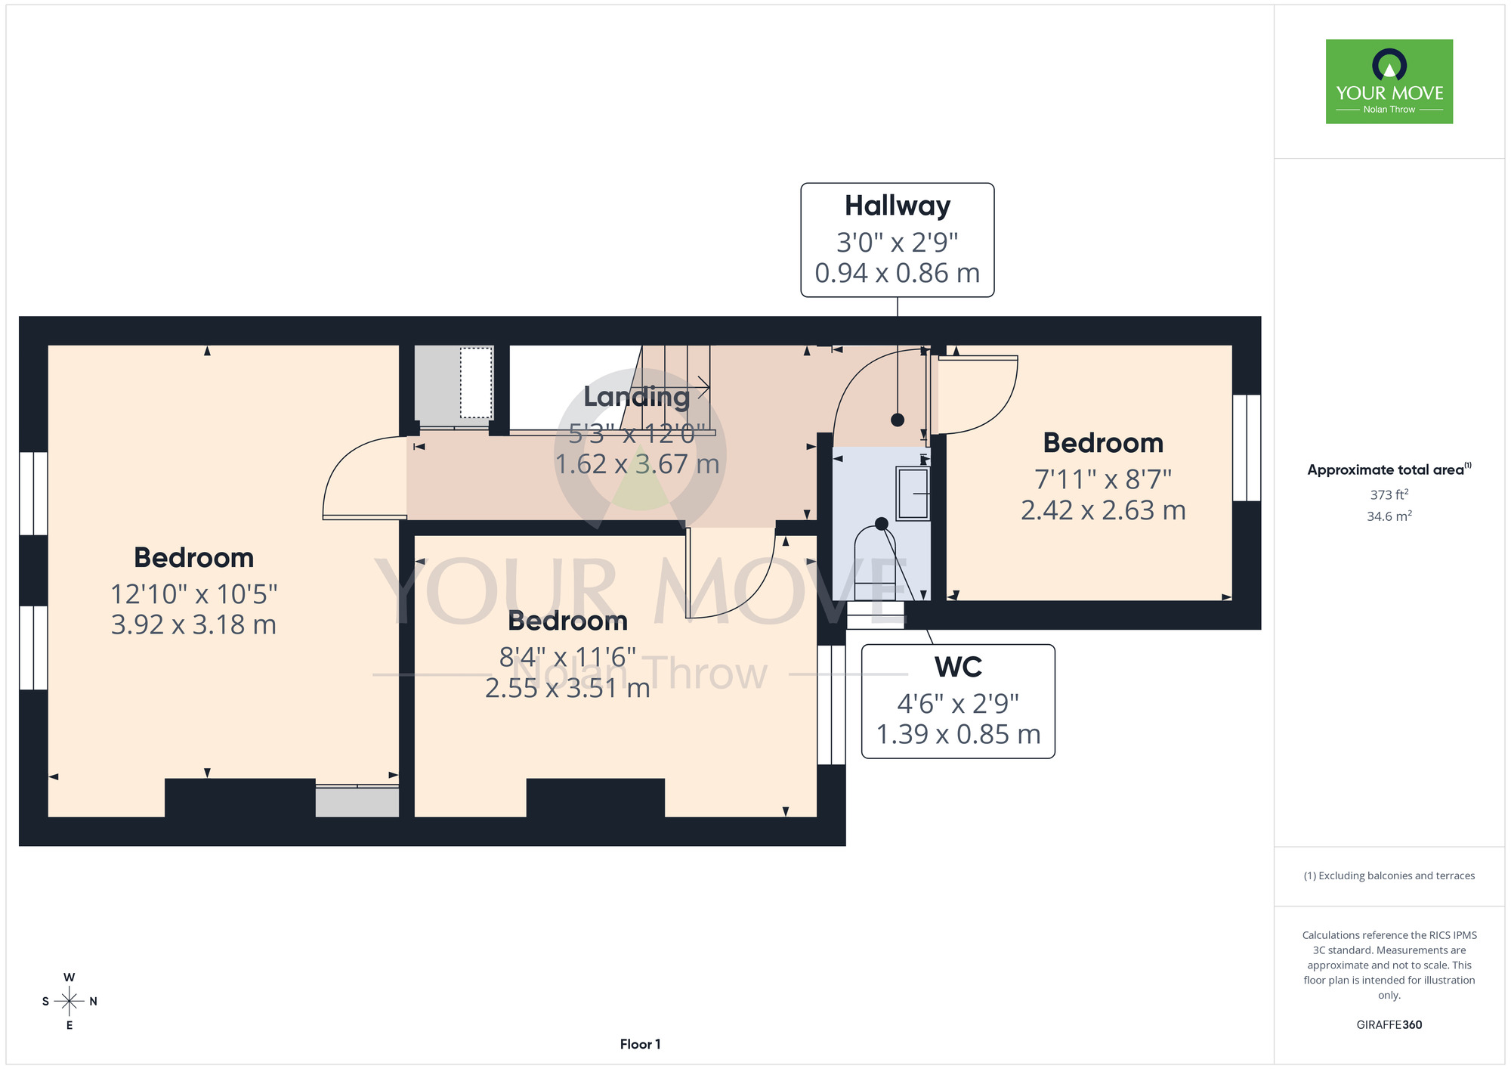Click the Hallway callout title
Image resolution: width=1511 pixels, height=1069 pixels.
pyautogui.click(x=898, y=206)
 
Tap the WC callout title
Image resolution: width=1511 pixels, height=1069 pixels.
pyautogui.click(x=958, y=667)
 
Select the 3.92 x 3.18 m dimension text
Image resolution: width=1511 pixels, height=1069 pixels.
pyautogui.click(x=193, y=625)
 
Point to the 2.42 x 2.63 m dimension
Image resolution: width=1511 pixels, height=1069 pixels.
pyautogui.click(x=1103, y=510)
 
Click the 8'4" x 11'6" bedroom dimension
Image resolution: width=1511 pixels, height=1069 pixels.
pyautogui.click(x=567, y=657)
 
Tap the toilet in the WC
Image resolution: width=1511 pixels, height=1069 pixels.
pyautogui.click(x=875, y=563)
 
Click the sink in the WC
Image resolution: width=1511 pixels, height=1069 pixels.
pyautogui.click(x=913, y=494)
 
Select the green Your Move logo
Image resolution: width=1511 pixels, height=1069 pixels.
pyautogui.click(x=1389, y=82)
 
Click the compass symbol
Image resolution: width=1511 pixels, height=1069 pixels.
pyautogui.click(x=70, y=1002)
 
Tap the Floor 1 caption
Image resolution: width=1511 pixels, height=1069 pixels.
pyautogui.click(x=640, y=1044)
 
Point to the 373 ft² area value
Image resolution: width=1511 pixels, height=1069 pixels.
pyautogui.click(x=1389, y=494)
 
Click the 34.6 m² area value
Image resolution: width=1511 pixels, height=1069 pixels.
pyautogui.click(x=1389, y=516)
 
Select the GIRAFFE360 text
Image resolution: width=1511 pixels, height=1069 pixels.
pyautogui.click(x=1389, y=1025)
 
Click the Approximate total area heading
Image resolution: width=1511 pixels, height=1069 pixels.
pyautogui.click(x=1389, y=469)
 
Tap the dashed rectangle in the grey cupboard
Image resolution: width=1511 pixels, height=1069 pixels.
pyautogui.click(x=476, y=383)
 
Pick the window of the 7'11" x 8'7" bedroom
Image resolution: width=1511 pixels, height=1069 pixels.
pyautogui.click(x=1247, y=448)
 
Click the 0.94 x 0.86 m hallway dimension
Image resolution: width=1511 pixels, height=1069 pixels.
pyautogui.click(x=898, y=273)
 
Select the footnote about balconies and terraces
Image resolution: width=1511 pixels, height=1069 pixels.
pyautogui.click(x=1389, y=875)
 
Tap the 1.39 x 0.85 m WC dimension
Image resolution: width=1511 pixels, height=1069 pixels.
pyautogui.click(x=958, y=734)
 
